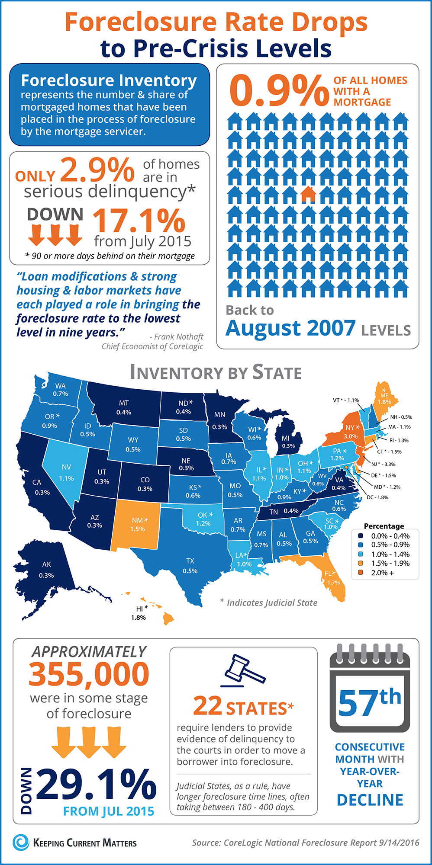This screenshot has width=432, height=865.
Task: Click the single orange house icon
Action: [308, 194]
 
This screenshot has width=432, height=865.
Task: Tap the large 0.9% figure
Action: [279, 90]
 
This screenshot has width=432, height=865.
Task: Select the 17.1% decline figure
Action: [139, 221]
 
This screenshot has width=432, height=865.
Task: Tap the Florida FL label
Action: [332, 577]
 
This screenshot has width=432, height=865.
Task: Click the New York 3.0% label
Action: [351, 432]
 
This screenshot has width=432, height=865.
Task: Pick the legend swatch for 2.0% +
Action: [360, 573]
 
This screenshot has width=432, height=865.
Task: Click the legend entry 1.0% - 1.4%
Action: [390, 554]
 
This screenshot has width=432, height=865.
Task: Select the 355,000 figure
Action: [89, 674]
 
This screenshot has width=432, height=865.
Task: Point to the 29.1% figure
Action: [96, 784]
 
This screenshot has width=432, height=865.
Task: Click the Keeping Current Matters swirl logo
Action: [20, 843]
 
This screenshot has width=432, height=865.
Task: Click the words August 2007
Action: [290, 328]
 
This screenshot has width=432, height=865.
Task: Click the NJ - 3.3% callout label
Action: [383, 464]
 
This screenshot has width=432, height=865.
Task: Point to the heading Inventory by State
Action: [216, 372]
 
